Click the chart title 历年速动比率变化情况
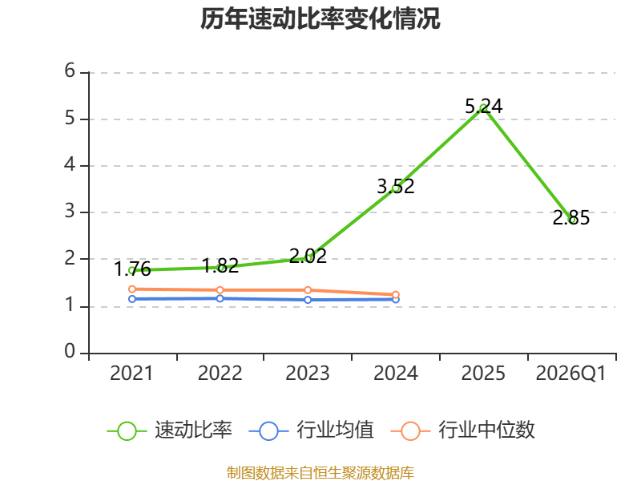[x=320, y=18]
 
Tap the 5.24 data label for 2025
[x=484, y=107]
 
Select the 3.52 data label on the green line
[x=395, y=187]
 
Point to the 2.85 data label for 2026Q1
[x=571, y=217]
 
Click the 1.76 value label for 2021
[x=132, y=269]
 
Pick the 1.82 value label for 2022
[x=220, y=266]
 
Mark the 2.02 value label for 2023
[x=308, y=257]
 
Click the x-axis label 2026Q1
[x=570, y=374]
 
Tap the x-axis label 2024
[x=395, y=374]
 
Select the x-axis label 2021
[x=131, y=374]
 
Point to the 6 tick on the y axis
[x=70, y=71]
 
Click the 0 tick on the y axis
[x=70, y=351]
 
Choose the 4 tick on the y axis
[x=70, y=165]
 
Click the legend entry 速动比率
[x=170, y=430]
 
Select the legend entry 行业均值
[x=311, y=430]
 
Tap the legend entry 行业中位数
[x=463, y=430]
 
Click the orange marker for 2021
[x=132, y=289]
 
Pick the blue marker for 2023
[x=308, y=300]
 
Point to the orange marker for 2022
[x=220, y=290]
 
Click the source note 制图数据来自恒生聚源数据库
[x=320, y=473]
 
